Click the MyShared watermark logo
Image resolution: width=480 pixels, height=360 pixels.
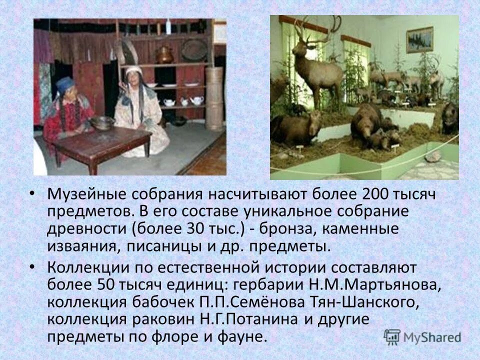pyautogui.click(x=423, y=336)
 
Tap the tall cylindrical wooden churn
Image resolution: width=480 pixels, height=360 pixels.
pyautogui.click(x=214, y=97)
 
